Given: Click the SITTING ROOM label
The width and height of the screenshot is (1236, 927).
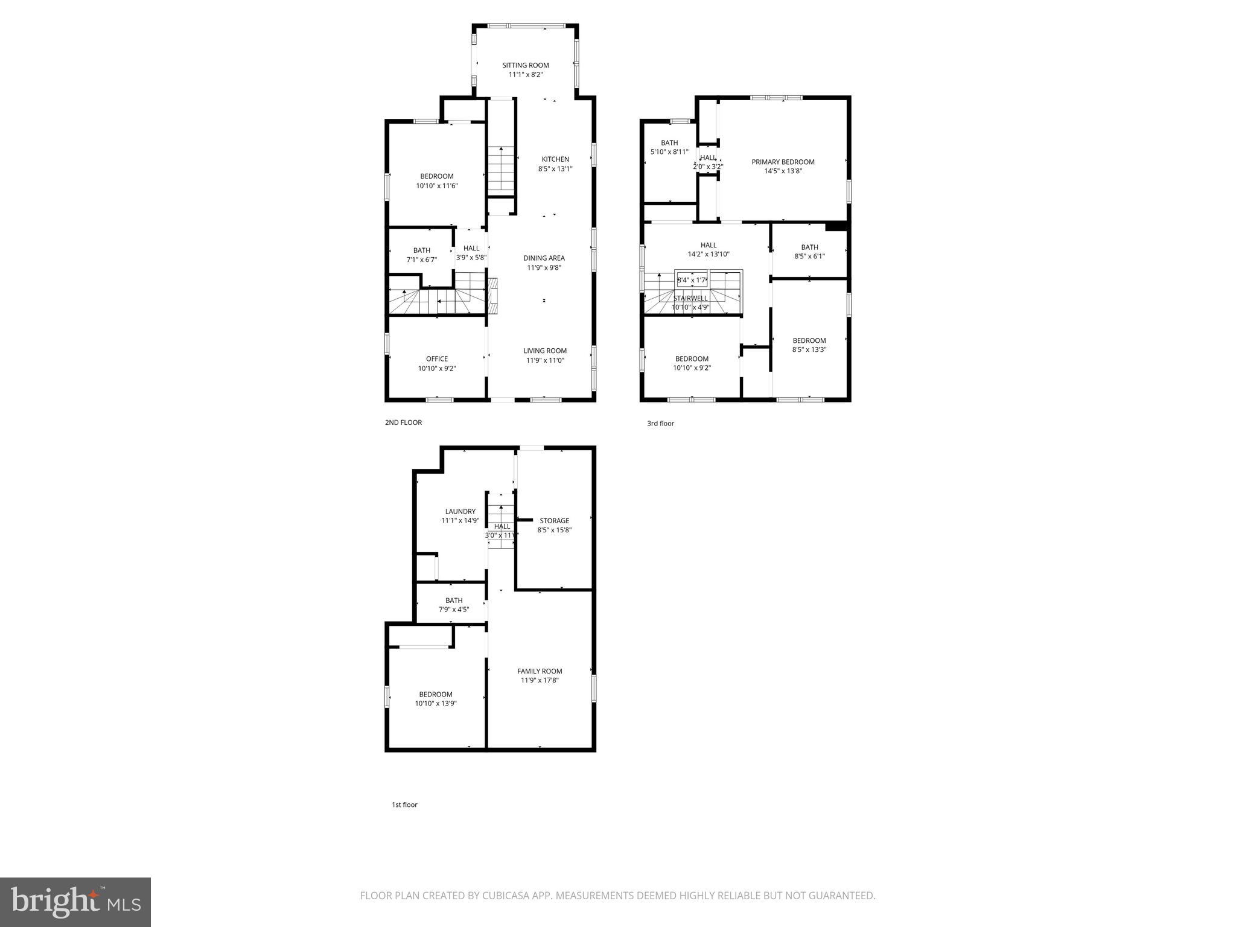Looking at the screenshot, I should (525, 65).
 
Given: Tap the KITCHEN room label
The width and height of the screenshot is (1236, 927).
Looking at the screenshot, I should (555, 159).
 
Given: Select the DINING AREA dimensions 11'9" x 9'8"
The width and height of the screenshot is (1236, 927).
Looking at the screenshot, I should (544, 267).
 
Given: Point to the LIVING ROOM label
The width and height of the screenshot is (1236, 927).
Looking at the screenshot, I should (544, 351).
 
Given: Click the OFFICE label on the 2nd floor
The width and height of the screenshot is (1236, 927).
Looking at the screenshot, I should (437, 358).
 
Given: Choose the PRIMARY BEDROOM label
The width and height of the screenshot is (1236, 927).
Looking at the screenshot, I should (783, 162).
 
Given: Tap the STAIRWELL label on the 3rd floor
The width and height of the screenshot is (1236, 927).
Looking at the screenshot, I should (690, 298).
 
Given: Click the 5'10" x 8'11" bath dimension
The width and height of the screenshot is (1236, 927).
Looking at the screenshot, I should (669, 152).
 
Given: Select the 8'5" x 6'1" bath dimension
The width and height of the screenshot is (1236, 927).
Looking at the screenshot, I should (809, 256).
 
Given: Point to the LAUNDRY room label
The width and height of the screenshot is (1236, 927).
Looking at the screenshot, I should (460, 511).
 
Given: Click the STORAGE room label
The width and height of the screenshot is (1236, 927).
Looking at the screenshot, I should (554, 520).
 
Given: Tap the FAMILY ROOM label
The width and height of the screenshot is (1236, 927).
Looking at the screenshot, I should (540, 671).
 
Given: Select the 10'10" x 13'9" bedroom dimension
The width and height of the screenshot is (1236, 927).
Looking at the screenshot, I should (436, 703).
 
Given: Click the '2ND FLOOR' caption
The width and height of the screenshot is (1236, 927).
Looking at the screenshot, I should (403, 422).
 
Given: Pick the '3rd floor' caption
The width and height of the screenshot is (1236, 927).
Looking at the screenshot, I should (660, 423).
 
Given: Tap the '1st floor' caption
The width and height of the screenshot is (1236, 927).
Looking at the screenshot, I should (404, 804).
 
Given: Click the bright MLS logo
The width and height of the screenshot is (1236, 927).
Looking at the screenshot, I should (75, 902).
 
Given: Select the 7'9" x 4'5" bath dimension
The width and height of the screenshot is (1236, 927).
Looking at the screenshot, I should (454, 610).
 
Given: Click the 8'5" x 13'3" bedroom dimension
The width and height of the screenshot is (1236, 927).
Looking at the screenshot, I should (809, 349).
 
